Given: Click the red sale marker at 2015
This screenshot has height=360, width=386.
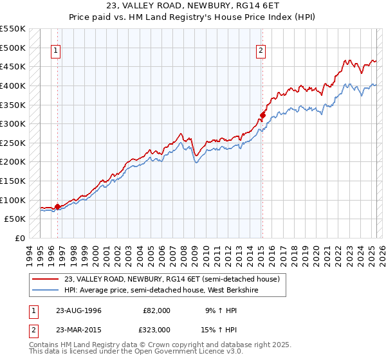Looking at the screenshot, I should [262, 116].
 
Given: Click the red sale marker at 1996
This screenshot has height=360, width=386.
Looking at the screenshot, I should [57, 206].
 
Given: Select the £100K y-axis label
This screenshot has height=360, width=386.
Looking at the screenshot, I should [13, 200].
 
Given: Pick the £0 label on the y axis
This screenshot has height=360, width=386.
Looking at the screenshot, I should [19, 238].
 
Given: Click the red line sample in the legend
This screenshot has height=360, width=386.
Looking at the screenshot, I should [46, 280].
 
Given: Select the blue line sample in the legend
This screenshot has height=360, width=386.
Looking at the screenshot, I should [46, 291].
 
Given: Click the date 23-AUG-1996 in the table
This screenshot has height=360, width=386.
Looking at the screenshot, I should [78, 310].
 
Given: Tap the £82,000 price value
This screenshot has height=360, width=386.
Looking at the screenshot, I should [157, 310].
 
